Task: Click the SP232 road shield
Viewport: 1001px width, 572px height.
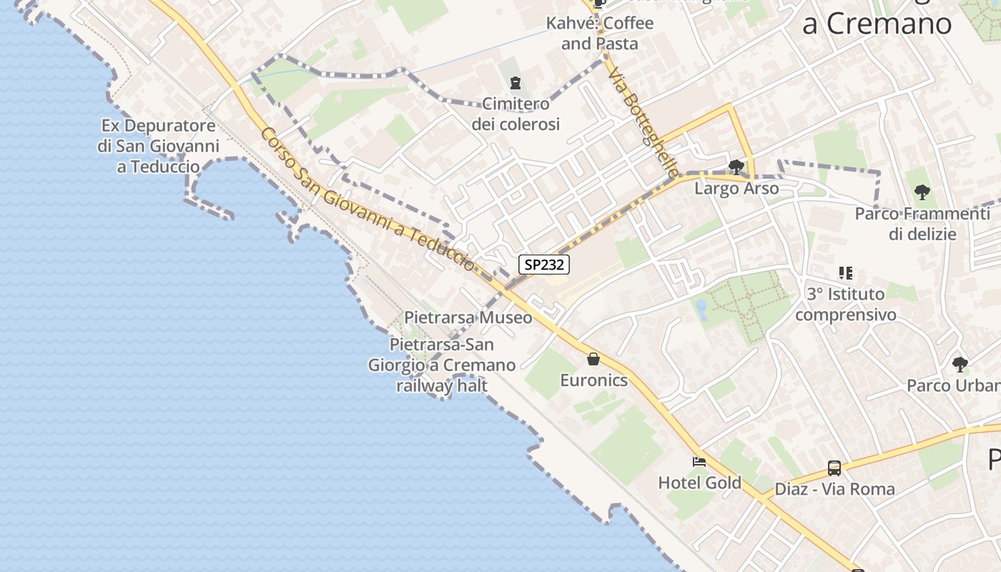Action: pos(544,265)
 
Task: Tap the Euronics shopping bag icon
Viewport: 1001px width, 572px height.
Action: pos(593,359)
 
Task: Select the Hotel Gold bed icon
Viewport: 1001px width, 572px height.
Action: pos(699,462)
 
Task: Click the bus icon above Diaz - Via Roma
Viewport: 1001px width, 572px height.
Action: pos(834,468)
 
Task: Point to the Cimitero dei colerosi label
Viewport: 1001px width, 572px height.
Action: pos(515,114)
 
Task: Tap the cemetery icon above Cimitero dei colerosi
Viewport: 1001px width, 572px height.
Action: pos(515,84)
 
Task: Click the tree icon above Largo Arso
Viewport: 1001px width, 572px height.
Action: pos(736,167)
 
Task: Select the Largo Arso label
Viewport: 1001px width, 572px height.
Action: pos(736,189)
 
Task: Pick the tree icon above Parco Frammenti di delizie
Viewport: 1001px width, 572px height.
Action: pos(922,192)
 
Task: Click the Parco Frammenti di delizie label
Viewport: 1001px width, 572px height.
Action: pos(922,224)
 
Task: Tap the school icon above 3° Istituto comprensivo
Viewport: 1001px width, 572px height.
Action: pos(845,273)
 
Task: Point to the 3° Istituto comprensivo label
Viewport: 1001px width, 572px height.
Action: pos(845,304)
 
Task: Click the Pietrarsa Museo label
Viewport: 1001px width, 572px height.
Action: pos(468,317)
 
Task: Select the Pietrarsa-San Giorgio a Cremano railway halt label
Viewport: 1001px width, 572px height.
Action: pos(442,365)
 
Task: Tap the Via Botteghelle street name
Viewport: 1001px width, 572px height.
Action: pos(643,123)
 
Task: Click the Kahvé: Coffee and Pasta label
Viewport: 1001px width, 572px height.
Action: pos(599,33)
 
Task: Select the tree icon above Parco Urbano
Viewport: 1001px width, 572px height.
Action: pos(960,365)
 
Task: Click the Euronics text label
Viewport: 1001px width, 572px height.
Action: pos(593,380)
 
